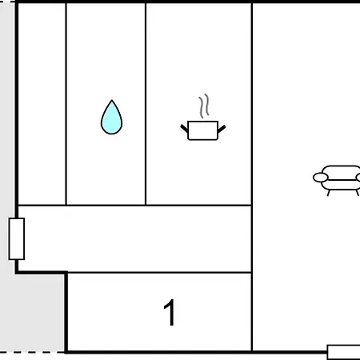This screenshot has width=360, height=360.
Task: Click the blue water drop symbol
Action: (x=111, y=118)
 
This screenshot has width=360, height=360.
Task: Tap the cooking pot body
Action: (x=203, y=130)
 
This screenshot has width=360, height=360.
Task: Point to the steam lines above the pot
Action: (x=204, y=106)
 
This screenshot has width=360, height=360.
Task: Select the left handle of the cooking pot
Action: (x=184, y=128)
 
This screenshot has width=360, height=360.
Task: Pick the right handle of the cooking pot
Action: (x=222, y=129)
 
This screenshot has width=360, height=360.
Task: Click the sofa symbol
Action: (x=337, y=180)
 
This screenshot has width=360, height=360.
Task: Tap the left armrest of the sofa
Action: (x=320, y=178)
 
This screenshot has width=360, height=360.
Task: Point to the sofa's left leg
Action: (x=329, y=193)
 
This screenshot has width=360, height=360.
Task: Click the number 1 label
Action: (x=170, y=312)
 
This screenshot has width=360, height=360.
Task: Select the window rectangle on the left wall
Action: (x=17, y=238)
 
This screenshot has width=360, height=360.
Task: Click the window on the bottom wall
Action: (x=343, y=352)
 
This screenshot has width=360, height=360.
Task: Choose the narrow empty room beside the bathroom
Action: (x=42, y=104)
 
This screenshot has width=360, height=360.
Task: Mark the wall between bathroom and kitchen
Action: (x=146, y=104)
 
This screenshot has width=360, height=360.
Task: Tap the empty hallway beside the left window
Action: (x=134, y=239)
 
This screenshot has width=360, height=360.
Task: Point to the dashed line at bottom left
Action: (x=32, y=352)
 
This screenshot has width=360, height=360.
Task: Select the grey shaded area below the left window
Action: (x=32, y=312)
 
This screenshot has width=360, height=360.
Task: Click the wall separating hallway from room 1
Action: (x=159, y=273)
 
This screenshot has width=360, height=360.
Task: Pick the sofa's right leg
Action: (x=357, y=193)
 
